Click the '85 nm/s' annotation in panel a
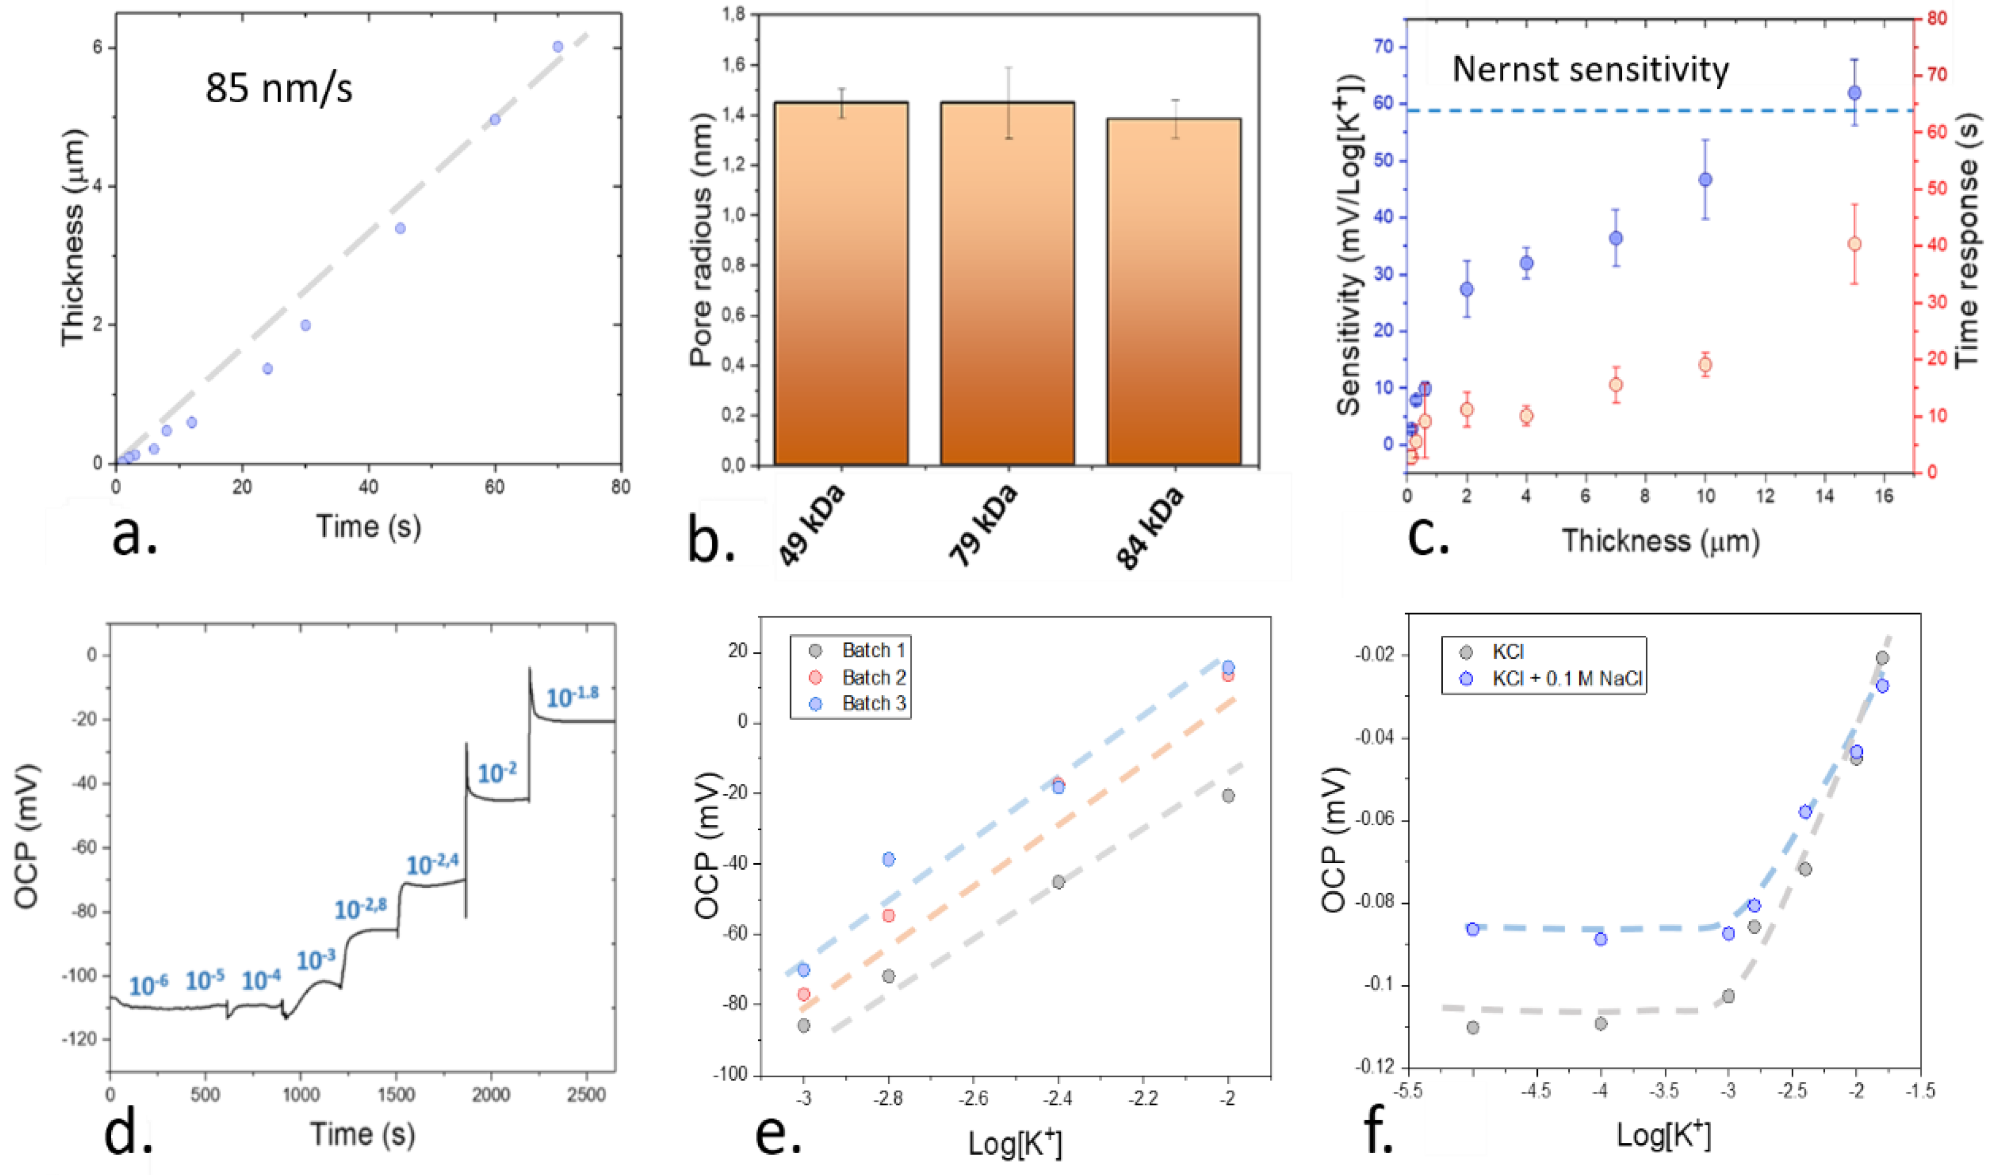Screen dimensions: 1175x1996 pyautogui.click(x=279, y=88)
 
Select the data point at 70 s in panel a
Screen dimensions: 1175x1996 pyautogui.click(x=558, y=47)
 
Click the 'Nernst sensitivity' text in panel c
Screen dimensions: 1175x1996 pyautogui.click(x=1590, y=70)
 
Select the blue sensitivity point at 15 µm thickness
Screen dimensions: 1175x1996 pyautogui.click(x=1854, y=93)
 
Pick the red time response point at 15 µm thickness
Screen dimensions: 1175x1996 pyautogui.click(x=1854, y=244)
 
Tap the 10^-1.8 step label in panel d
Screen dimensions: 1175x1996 pyautogui.click(x=572, y=696)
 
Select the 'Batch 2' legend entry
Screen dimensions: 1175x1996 pyautogui.click(x=873, y=677)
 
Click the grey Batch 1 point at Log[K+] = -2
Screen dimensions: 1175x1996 pyautogui.click(x=1228, y=796)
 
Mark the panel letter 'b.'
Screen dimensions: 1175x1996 pyautogui.click(x=711, y=541)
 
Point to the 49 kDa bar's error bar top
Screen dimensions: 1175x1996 pyautogui.click(x=841, y=89)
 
